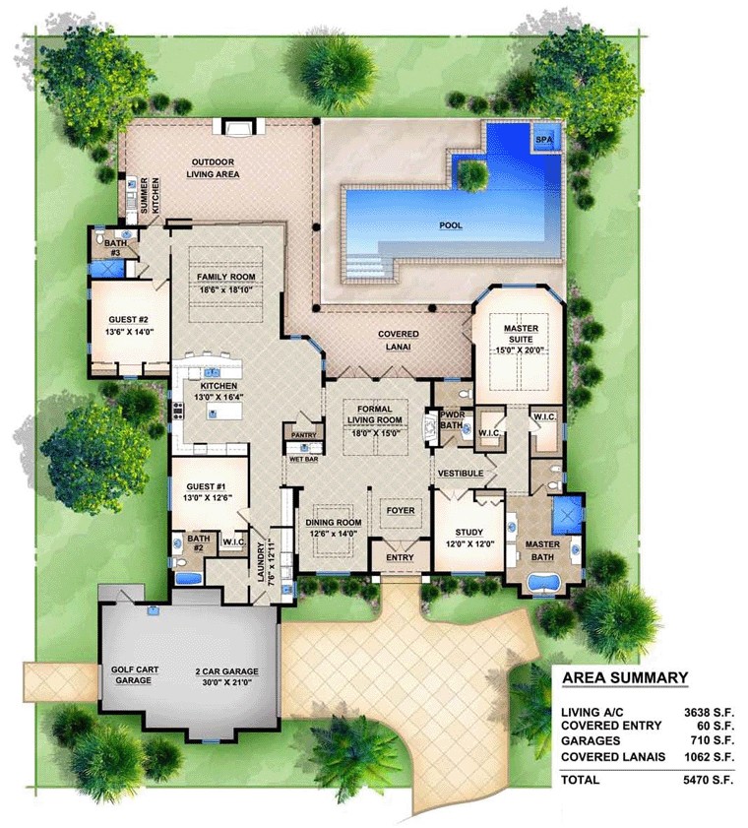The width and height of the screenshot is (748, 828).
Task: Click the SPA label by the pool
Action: (x=543, y=141)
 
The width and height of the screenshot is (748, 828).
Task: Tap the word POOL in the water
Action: (x=450, y=225)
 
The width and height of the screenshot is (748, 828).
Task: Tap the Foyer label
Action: (x=401, y=511)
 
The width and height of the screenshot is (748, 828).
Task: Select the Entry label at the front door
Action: (x=400, y=557)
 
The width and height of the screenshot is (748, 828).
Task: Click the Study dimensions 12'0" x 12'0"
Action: (x=467, y=544)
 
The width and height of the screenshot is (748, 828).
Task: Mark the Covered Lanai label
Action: (x=399, y=341)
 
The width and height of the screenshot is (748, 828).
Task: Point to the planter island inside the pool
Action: (x=473, y=175)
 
